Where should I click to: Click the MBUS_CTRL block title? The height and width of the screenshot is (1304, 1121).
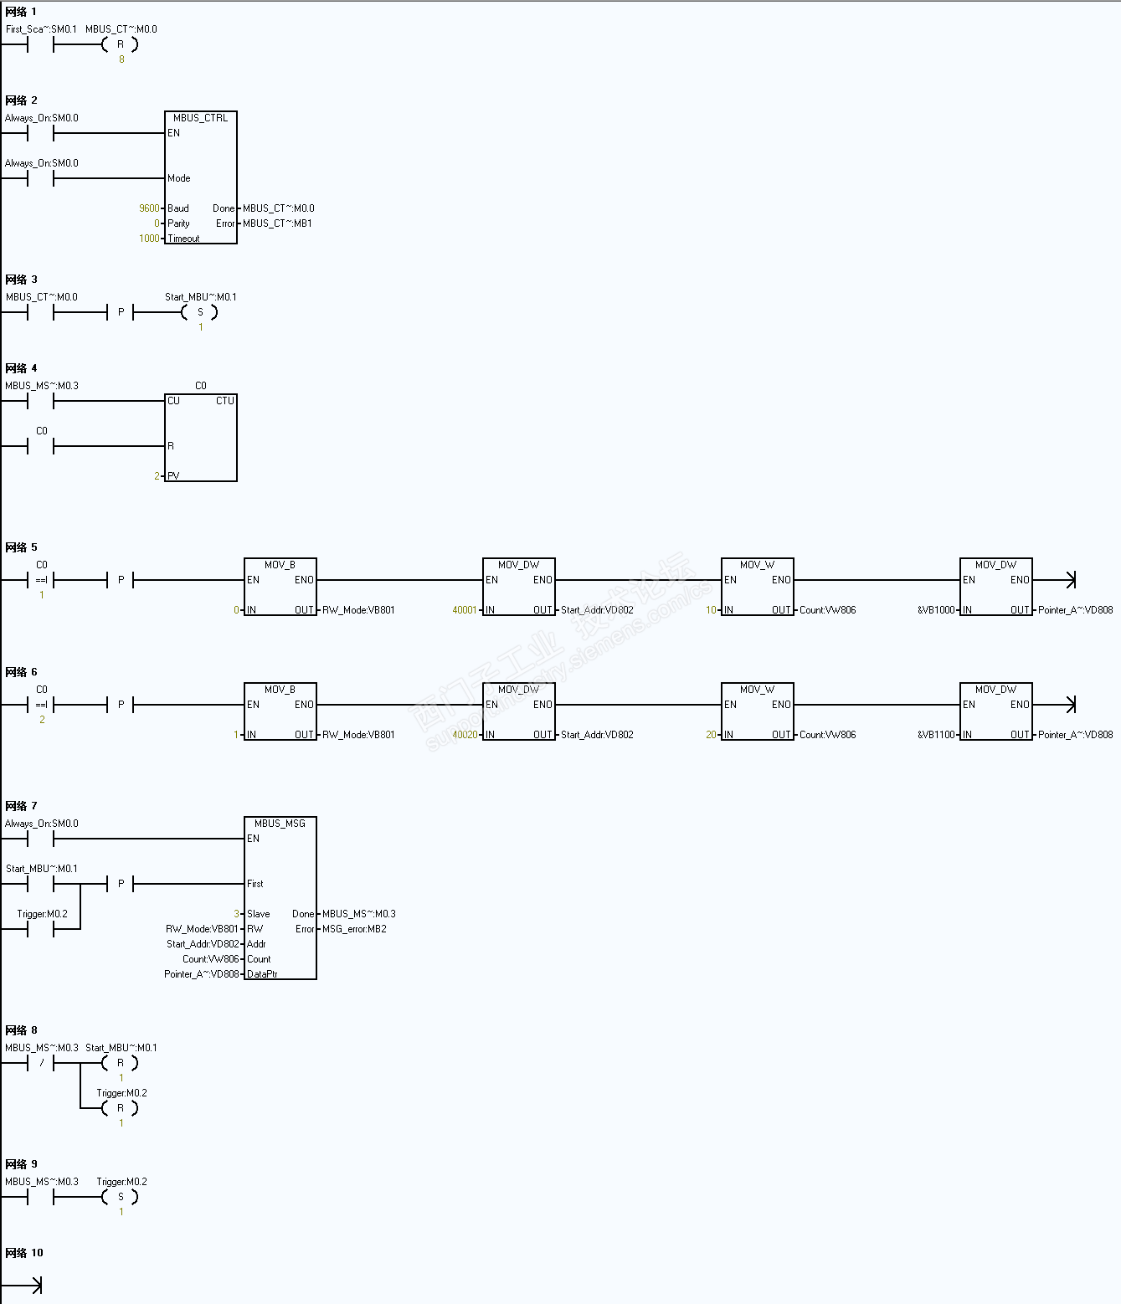tap(200, 118)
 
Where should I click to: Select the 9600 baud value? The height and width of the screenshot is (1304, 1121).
tap(149, 208)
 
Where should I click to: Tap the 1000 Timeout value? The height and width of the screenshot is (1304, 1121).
tap(149, 239)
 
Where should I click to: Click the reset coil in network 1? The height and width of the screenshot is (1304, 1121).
tap(120, 44)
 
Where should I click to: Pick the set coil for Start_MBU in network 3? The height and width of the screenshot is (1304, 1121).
tap(199, 312)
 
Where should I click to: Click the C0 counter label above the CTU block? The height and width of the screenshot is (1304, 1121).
tap(201, 386)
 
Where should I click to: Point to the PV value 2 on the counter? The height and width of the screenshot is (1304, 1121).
tap(157, 476)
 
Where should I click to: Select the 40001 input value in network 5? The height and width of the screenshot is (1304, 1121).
tap(465, 610)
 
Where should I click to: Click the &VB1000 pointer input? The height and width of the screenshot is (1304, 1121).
tap(936, 610)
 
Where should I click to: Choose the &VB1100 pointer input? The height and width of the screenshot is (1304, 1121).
tap(936, 735)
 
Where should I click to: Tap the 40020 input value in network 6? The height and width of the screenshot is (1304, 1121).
tap(465, 735)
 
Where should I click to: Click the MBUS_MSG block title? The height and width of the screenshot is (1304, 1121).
tap(280, 824)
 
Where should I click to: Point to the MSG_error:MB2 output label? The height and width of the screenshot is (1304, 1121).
tap(354, 929)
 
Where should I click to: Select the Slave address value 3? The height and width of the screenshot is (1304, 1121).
tap(237, 914)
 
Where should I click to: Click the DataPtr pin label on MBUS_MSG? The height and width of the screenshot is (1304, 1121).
tap(262, 974)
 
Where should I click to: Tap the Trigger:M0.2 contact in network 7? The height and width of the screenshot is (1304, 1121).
tap(41, 928)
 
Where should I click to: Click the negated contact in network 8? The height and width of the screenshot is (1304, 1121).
tap(41, 1063)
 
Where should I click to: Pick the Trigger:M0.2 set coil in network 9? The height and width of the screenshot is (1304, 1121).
tap(120, 1197)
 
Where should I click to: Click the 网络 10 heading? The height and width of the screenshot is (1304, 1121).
tap(24, 1253)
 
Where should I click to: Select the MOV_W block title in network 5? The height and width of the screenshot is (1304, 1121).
tap(757, 565)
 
